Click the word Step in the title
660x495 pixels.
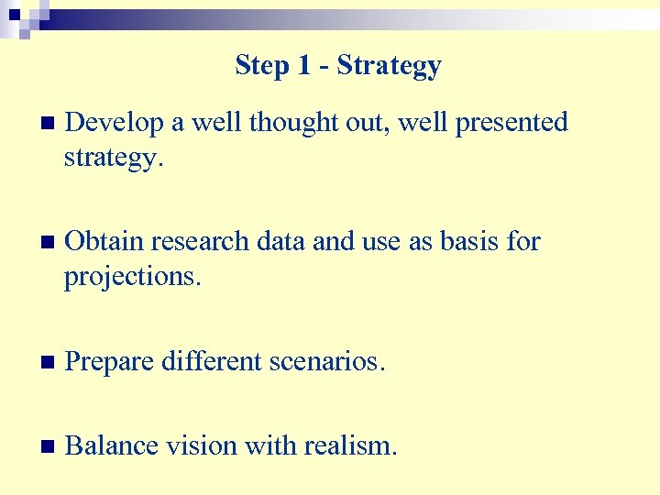[261, 66]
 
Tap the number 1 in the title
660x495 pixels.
[305, 66]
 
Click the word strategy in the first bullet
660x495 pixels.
[113, 159]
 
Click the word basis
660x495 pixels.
[460, 242]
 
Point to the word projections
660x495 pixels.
[130, 278]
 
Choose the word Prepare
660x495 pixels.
[114, 361]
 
